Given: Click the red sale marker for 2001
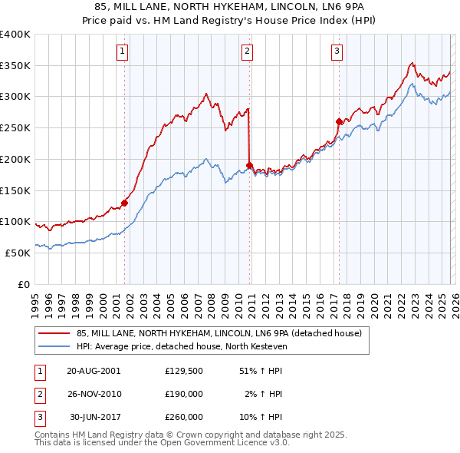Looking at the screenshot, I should click(x=124, y=203).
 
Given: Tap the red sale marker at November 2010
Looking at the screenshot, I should click(x=250, y=165).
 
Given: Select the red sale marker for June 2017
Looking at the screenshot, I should click(x=339, y=121).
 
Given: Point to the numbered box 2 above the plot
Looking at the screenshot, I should click(x=248, y=51).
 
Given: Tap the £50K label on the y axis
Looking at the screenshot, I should click(x=18, y=253).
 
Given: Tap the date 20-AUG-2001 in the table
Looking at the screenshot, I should click(x=94, y=370).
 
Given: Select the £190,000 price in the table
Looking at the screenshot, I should click(x=184, y=394).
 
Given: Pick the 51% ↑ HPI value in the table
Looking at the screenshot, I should click(x=261, y=370).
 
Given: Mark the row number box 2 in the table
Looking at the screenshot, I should click(x=38, y=394).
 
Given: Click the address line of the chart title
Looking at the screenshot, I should click(x=229, y=6).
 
